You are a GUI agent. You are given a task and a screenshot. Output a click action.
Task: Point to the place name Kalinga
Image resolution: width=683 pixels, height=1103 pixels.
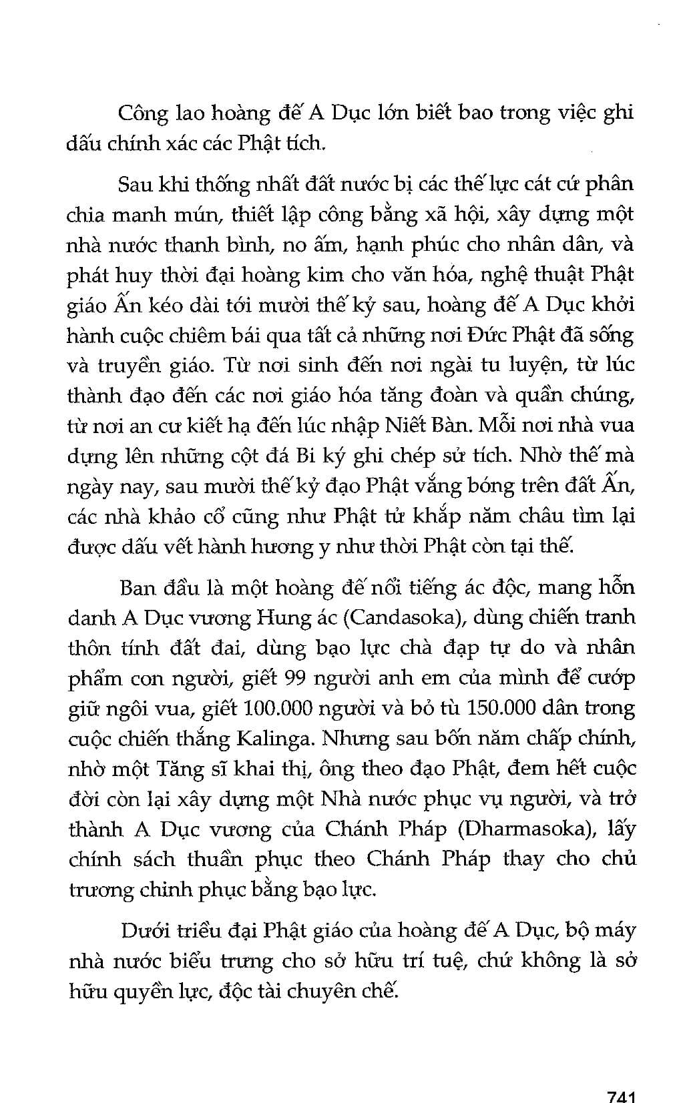[x=276, y=739]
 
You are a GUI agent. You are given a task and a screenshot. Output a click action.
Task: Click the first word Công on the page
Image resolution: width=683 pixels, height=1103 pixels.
[x=142, y=113]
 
